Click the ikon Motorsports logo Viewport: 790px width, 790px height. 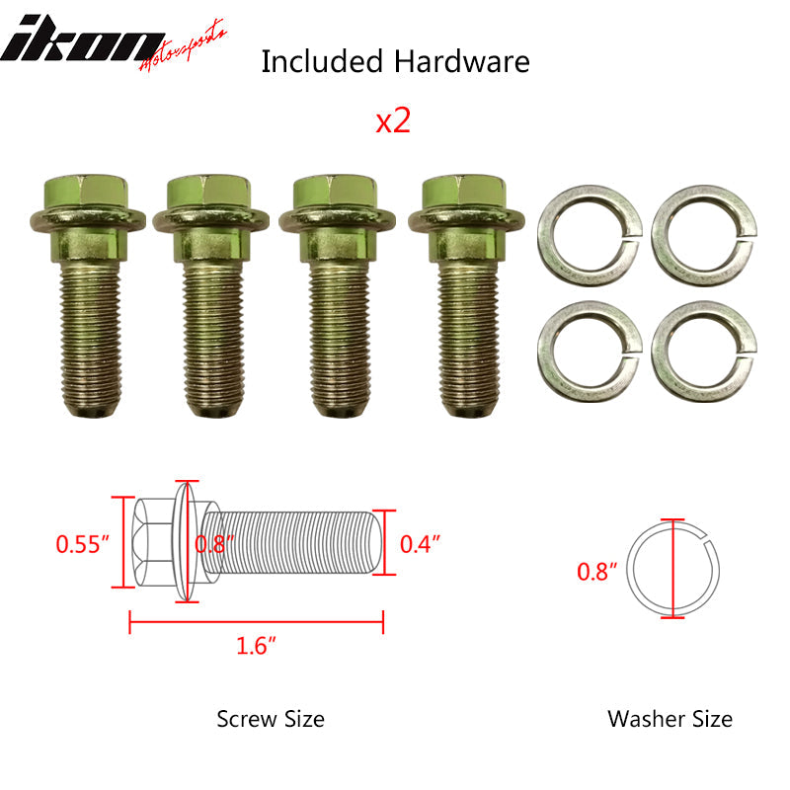114,45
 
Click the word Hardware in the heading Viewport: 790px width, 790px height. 461,61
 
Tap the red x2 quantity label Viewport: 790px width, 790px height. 393,120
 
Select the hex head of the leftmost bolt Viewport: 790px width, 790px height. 86,191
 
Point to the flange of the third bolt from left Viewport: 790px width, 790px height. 337,219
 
